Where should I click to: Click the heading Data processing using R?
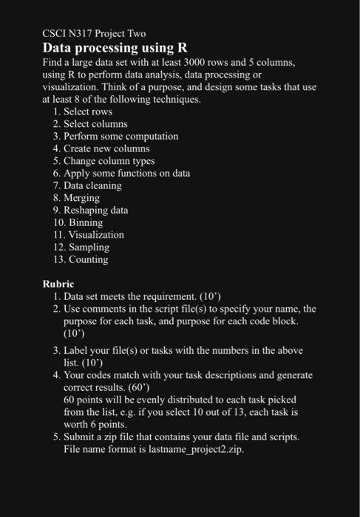[x=115, y=49]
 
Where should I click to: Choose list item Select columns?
[x=95, y=124]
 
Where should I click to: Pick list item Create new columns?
[x=106, y=148]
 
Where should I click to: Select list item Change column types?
[x=110, y=161]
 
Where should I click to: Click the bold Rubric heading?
[x=59, y=283]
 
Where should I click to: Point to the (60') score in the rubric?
[x=225, y=388]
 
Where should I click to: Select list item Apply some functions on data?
[x=126, y=173]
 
